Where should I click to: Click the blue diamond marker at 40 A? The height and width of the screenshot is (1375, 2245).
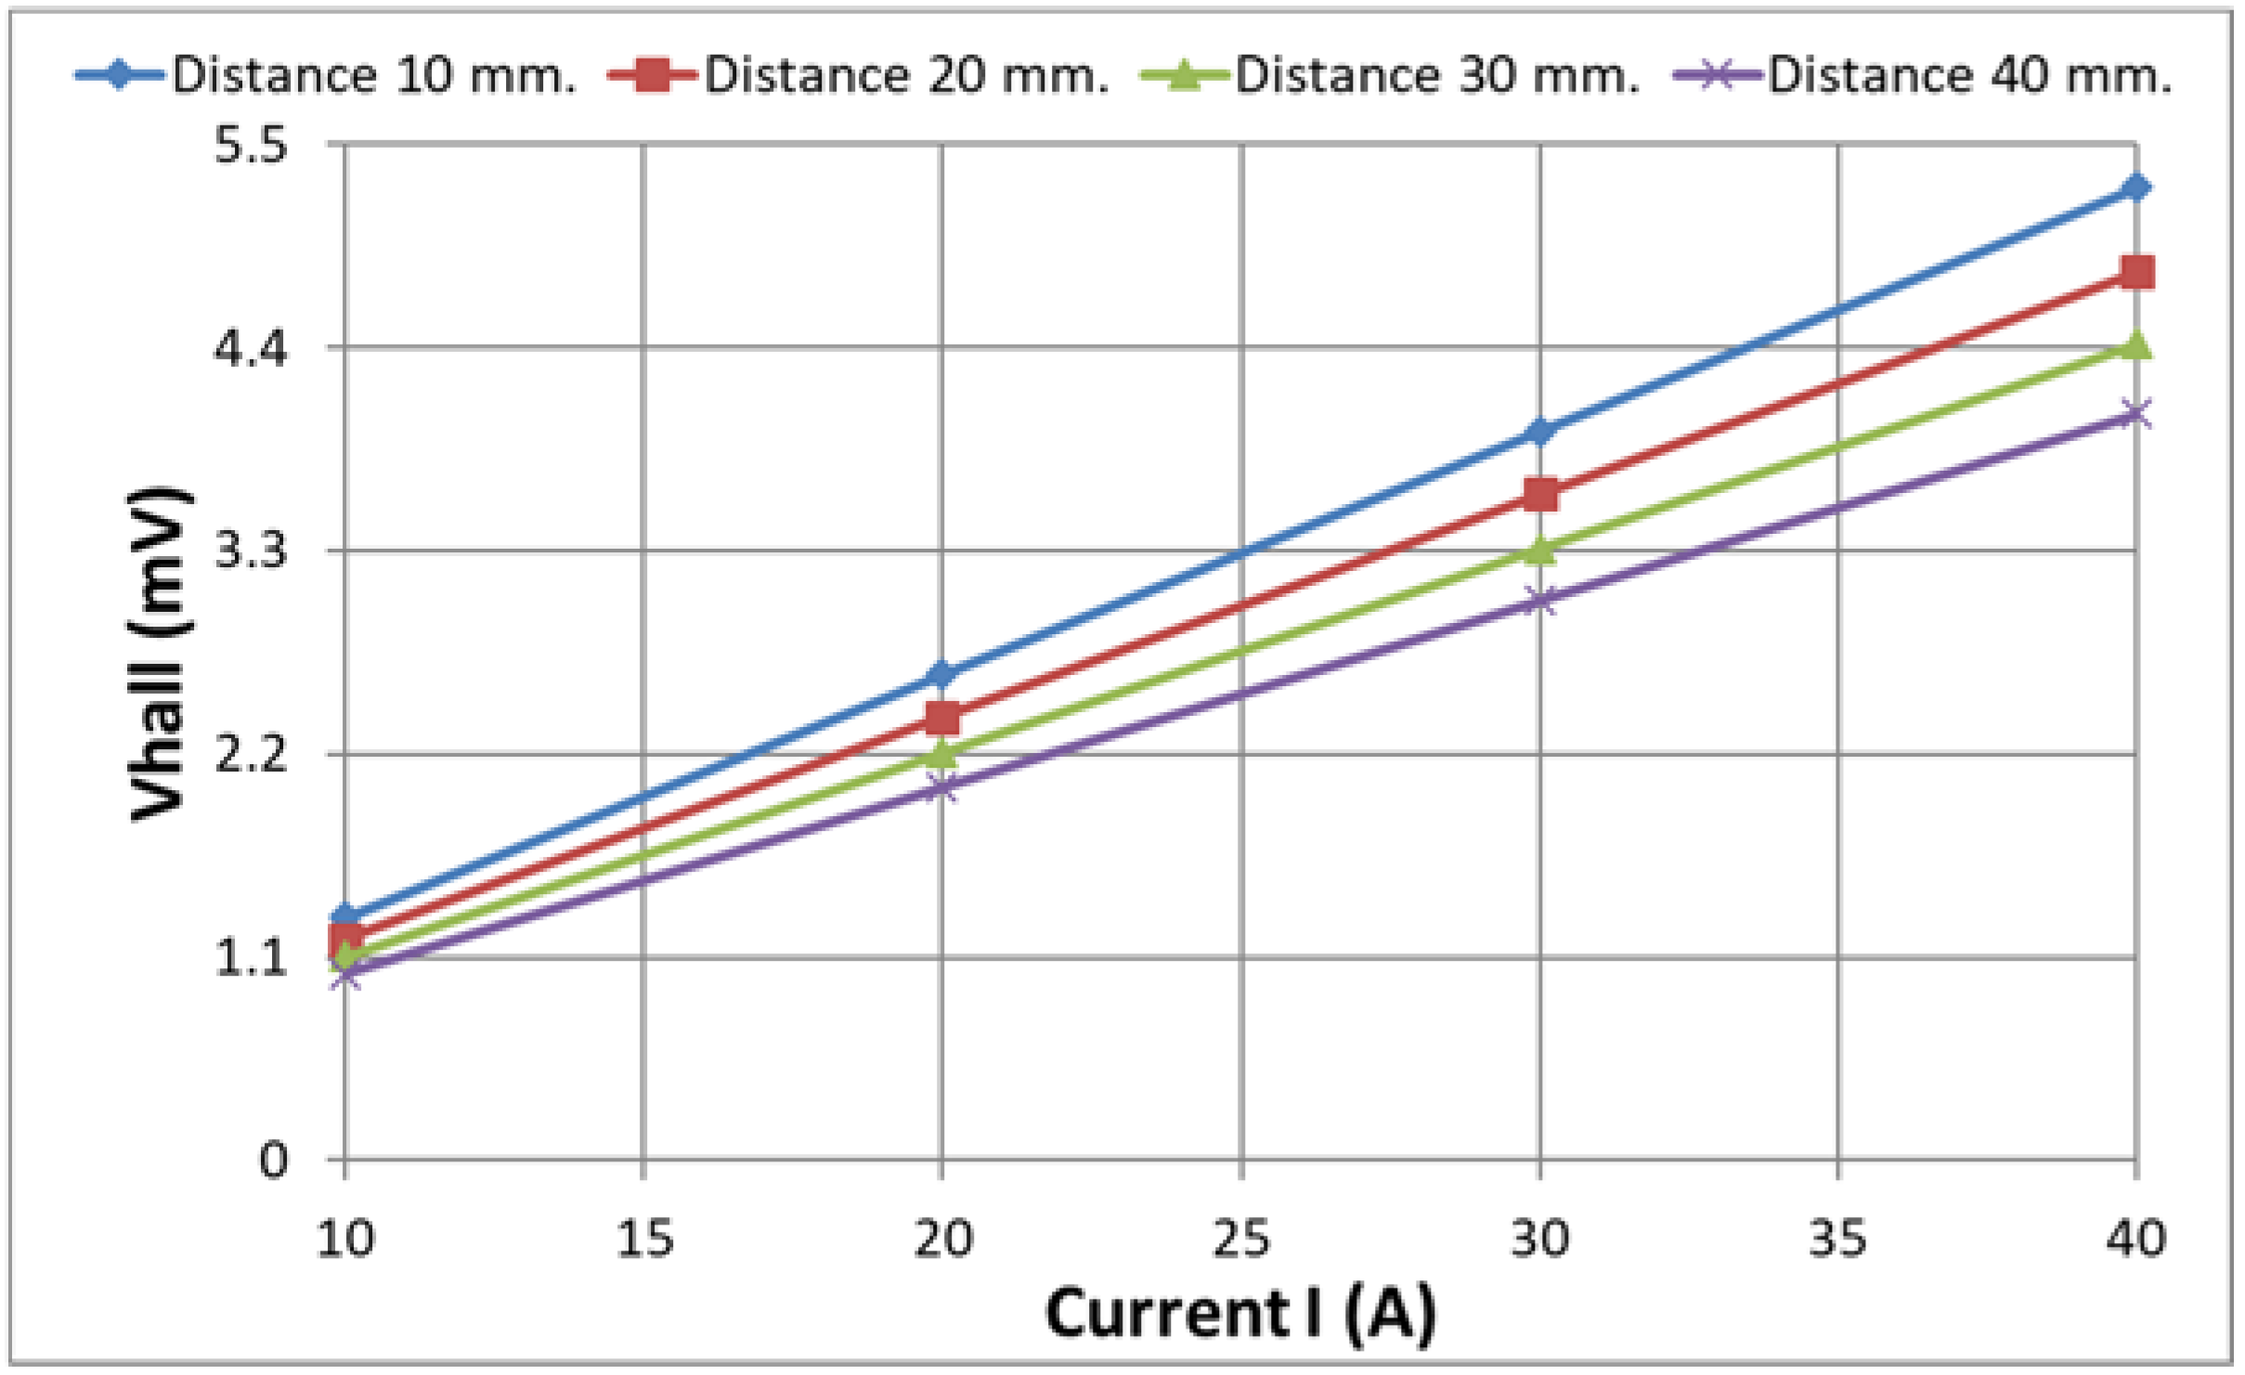[2136, 188]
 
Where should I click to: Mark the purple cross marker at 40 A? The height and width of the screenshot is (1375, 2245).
[2136, 413]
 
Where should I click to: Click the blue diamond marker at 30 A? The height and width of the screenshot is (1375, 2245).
[1540, 432]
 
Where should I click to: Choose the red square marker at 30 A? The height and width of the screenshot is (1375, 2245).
[1540, 495]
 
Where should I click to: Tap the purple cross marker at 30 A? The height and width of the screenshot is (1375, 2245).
[1540, 601]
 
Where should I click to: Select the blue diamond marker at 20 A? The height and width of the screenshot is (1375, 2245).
[941, 674]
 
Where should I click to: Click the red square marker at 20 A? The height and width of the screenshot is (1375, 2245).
[942, 718]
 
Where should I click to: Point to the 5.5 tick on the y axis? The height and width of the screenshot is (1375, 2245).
[251, 146]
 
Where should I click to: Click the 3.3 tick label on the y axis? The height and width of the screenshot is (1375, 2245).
[251, 551]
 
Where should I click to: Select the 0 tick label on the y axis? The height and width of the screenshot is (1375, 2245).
[273, 1161]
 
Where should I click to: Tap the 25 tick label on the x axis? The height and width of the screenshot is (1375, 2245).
[1240, 1239]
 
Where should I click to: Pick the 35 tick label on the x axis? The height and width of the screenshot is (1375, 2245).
[1837, 1239]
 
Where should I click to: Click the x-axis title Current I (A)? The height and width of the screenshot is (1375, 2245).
[1240, 1314]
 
